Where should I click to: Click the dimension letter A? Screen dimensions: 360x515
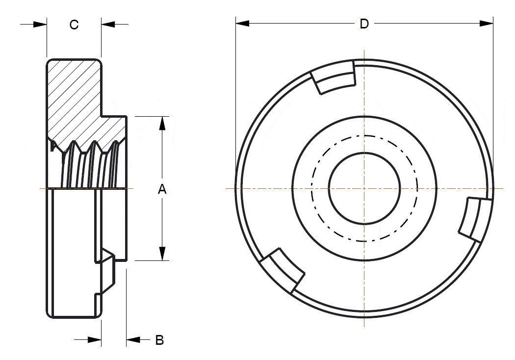click(x=162, y=189)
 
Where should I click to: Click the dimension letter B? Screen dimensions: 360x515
click(x=159, y=340)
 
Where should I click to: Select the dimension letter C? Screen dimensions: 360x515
click(x=74, y=25)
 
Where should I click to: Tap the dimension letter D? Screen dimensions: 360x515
click(x=364, y=24)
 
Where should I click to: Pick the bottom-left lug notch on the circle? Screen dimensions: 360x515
click(x=282, y=270)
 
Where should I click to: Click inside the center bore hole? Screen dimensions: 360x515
click(x=364, y=188)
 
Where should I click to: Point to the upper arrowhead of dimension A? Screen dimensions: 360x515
click(x=162, y=123)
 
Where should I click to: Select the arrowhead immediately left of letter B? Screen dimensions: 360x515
click(x=133, y=339)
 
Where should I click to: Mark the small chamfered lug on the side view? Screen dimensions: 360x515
click(x=107, y=273)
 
